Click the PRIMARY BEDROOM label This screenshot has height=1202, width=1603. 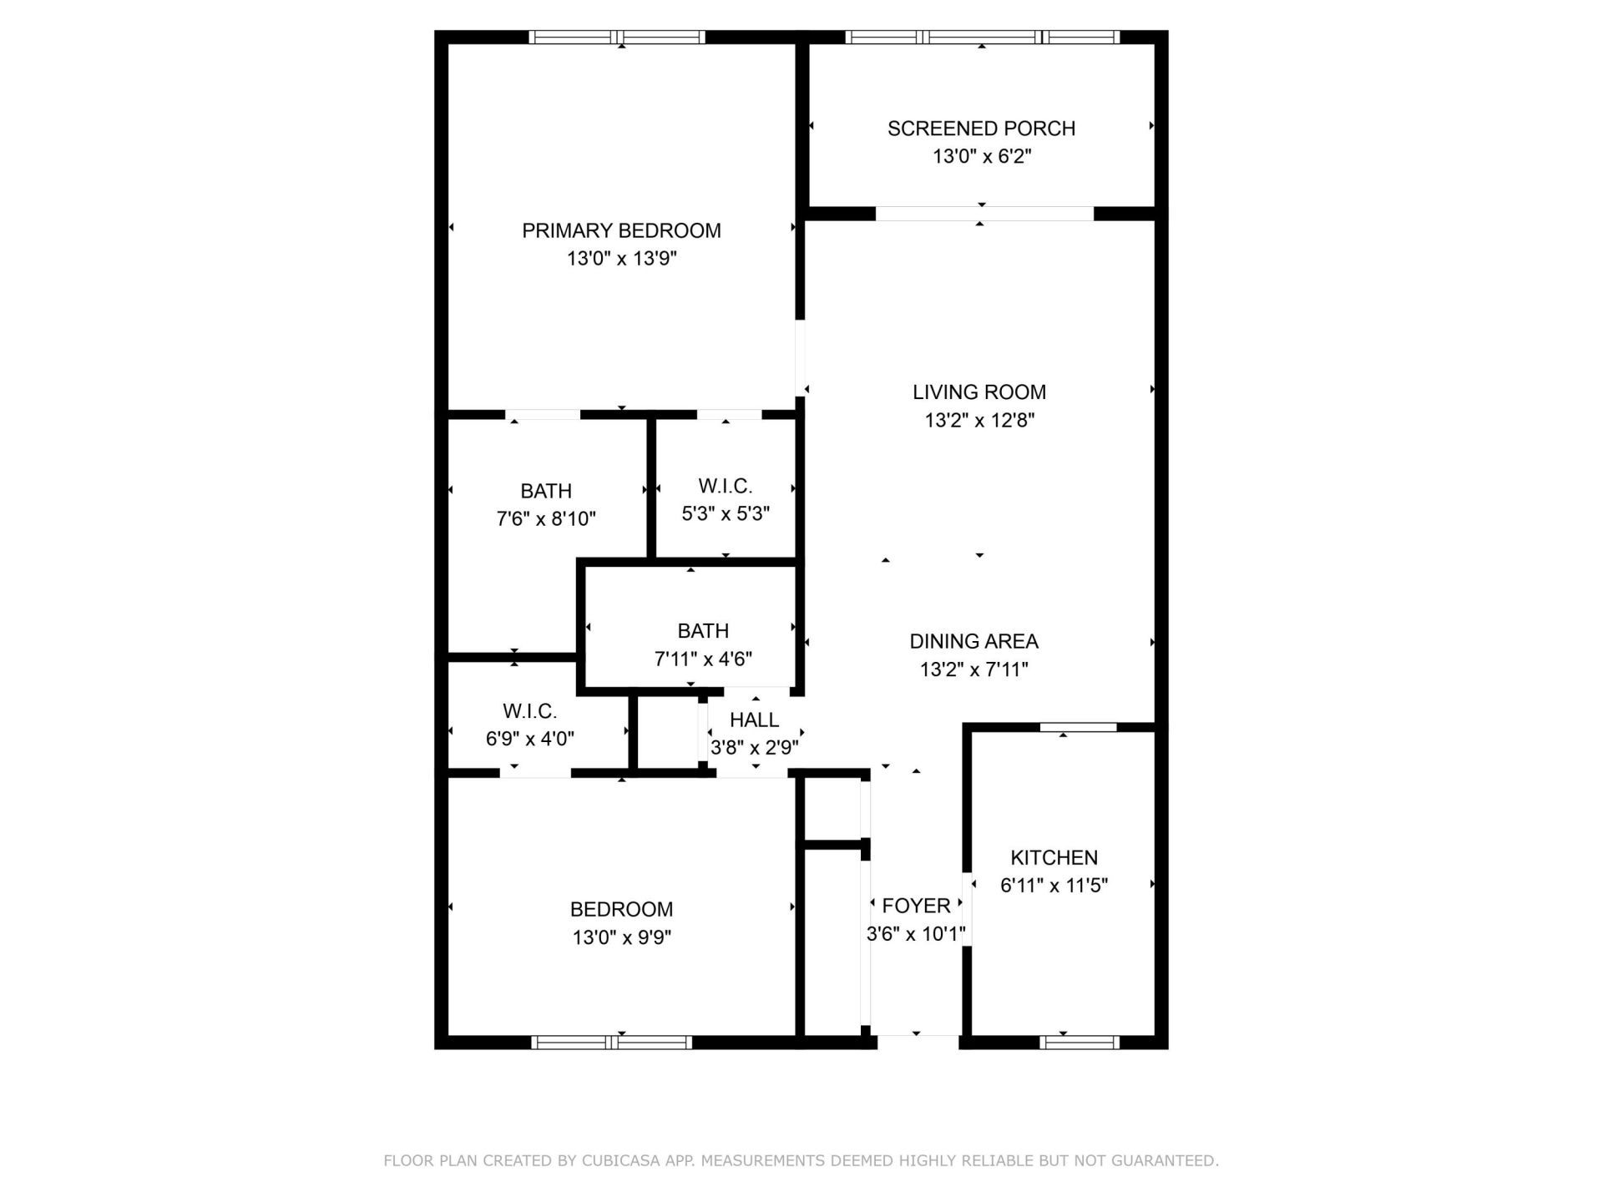[x=621, y=230]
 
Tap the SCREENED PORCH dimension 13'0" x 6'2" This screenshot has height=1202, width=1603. [x=982, y=156]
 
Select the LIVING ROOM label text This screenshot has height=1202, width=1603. [x=978, y=391]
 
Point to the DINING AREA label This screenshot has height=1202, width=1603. [x=973, y=641]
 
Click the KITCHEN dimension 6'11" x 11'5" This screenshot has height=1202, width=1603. [x=1054, y=885]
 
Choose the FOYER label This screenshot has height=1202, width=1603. [x=916, y=906]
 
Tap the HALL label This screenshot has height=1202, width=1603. [x=754, y=720]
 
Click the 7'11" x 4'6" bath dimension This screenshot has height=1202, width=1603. [x=703, y=659]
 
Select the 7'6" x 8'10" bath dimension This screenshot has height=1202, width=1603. [x=546, y=519]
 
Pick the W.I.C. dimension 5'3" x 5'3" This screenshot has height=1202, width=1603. [x=726, y=513]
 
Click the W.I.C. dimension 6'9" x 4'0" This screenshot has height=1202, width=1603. [x=529, y=739]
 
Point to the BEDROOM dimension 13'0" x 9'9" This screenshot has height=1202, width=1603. [x=621, y=937]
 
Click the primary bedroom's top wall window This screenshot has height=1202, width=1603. [x=618, y=37]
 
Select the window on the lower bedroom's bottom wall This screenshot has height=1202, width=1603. [x=611, y=1042]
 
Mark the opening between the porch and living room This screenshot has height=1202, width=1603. [x=984, y=214]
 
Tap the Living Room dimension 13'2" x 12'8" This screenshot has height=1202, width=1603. [x=978, y=420]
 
